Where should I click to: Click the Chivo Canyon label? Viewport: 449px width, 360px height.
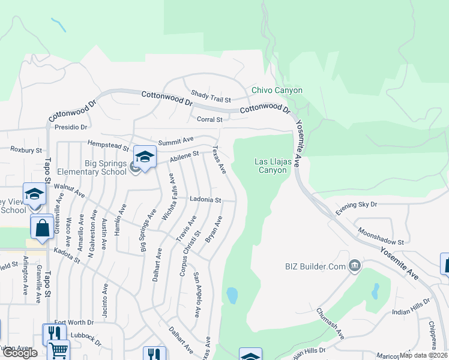[277, 91]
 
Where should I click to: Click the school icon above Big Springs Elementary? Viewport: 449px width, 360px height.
[145, 157]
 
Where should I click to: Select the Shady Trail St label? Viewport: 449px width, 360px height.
[211, 95]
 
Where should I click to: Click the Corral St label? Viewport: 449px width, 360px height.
[210, 119]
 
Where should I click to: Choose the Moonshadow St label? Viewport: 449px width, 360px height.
[381, 236]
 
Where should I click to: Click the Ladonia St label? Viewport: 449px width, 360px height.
[205, 199]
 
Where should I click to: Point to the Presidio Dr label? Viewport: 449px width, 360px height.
[71, 127]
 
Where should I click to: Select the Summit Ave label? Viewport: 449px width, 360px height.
[171, 140]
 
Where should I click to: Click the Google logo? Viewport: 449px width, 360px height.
[20, 353]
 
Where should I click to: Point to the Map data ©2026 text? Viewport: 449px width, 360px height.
[423, 355]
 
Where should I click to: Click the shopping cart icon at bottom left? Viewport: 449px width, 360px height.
[58, 350]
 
